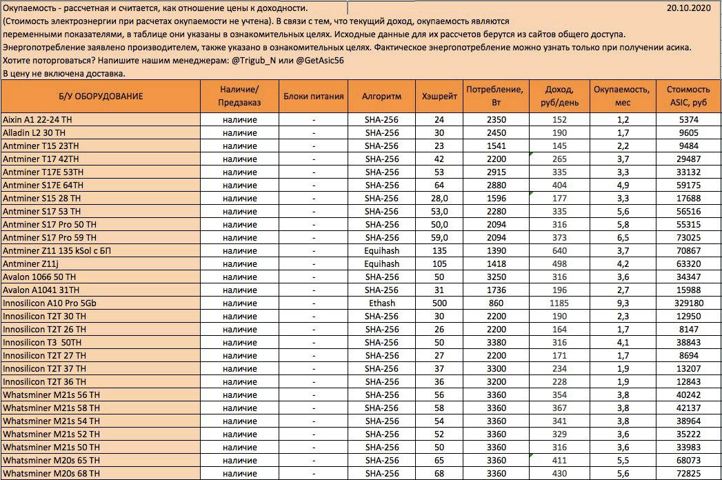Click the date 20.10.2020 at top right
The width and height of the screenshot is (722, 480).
(690, 8)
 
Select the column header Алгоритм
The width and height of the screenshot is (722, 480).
(381, 96)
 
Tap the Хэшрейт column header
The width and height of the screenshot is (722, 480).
(439, 96)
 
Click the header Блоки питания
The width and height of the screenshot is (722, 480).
(313, 96)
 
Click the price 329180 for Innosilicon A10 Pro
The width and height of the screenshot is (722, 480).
(688, 303)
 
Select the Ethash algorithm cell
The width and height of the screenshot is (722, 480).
(381, 303)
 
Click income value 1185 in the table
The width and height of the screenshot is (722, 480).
(559, 303)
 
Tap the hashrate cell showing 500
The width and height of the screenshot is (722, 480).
(439, 303)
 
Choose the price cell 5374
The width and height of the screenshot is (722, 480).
(688, 119)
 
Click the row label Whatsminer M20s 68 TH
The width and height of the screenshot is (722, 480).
(51, 473)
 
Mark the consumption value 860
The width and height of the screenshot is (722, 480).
(496, 303)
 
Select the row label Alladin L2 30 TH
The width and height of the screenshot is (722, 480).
(34, 132)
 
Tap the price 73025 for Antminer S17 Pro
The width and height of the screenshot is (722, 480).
(688, 237)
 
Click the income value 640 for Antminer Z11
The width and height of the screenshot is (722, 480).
(559, 250)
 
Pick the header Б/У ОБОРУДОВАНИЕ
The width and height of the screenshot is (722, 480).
(101, 96)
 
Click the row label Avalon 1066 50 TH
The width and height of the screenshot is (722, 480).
(40, 277)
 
